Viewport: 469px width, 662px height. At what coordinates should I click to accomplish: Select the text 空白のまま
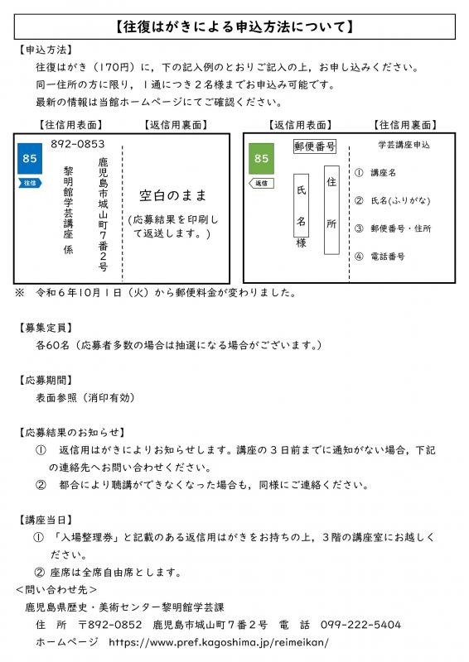click(172, 195)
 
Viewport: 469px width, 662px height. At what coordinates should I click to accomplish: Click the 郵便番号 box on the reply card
click(315, 146)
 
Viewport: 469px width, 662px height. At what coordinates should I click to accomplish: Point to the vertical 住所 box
click(331, 209)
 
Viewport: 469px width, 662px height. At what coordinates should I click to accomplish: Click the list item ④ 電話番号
click(380, 257)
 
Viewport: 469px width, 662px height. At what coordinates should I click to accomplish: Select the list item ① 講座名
click(375, 174)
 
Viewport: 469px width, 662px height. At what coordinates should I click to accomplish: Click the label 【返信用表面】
click(299, 125)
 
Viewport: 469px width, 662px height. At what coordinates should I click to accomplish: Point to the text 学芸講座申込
click(404, 146)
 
